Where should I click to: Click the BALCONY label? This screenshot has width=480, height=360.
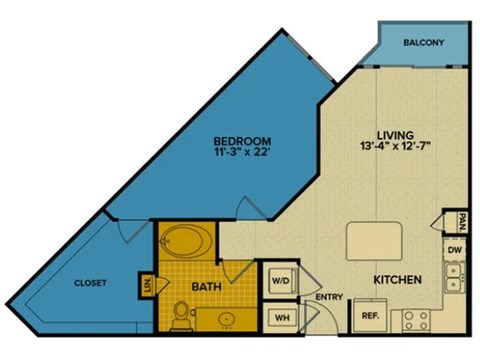(x=425, y=43)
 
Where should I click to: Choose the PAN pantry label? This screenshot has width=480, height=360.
(x=462, y=218)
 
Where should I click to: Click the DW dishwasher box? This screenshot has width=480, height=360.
(x=455, y=249)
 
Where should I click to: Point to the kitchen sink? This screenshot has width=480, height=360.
(x=455, y=276)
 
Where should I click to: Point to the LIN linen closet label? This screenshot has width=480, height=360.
(x=148, y=285)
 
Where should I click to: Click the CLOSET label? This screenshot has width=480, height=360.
(x=90, y=283)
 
